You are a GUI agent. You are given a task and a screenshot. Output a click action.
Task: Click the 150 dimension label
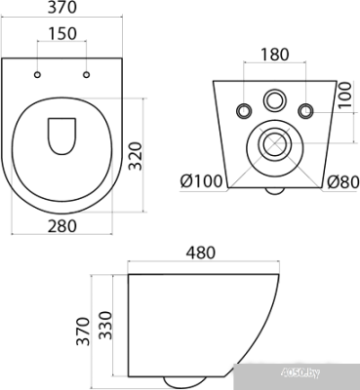click(62, 33)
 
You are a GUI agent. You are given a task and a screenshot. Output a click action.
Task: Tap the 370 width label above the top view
click(62, 7)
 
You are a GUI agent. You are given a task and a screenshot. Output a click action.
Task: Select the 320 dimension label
click(135, 156)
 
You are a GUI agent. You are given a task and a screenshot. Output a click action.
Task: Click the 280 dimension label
click(62, 226)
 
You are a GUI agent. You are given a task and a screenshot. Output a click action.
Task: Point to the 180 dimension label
click(275, 55)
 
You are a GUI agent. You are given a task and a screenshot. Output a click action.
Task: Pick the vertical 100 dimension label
click(344, 96)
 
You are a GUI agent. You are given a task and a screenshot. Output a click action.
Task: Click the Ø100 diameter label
click(201, 181)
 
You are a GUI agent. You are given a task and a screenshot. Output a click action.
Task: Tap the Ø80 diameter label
click(342, 181)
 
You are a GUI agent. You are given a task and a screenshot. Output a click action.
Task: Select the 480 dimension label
click(201, 253)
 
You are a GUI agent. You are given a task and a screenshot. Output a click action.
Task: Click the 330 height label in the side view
click(105, 326)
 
